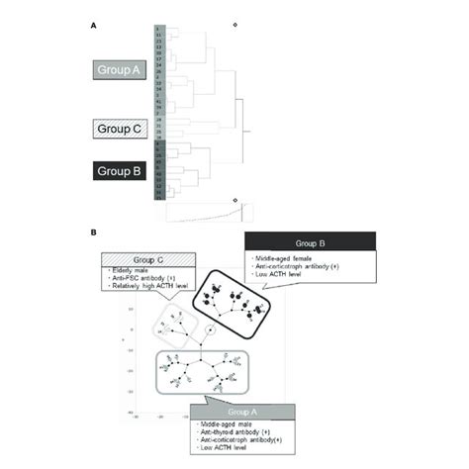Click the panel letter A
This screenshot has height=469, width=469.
coord(93,24)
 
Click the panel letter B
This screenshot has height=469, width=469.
coord(93,234)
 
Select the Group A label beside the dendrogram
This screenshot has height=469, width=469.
coord(121,69)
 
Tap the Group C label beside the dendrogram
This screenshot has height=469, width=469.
coord(121,129)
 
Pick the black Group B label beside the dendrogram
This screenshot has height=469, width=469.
coord(121,169)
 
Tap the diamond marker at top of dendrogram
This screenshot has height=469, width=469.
coord(234,24)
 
